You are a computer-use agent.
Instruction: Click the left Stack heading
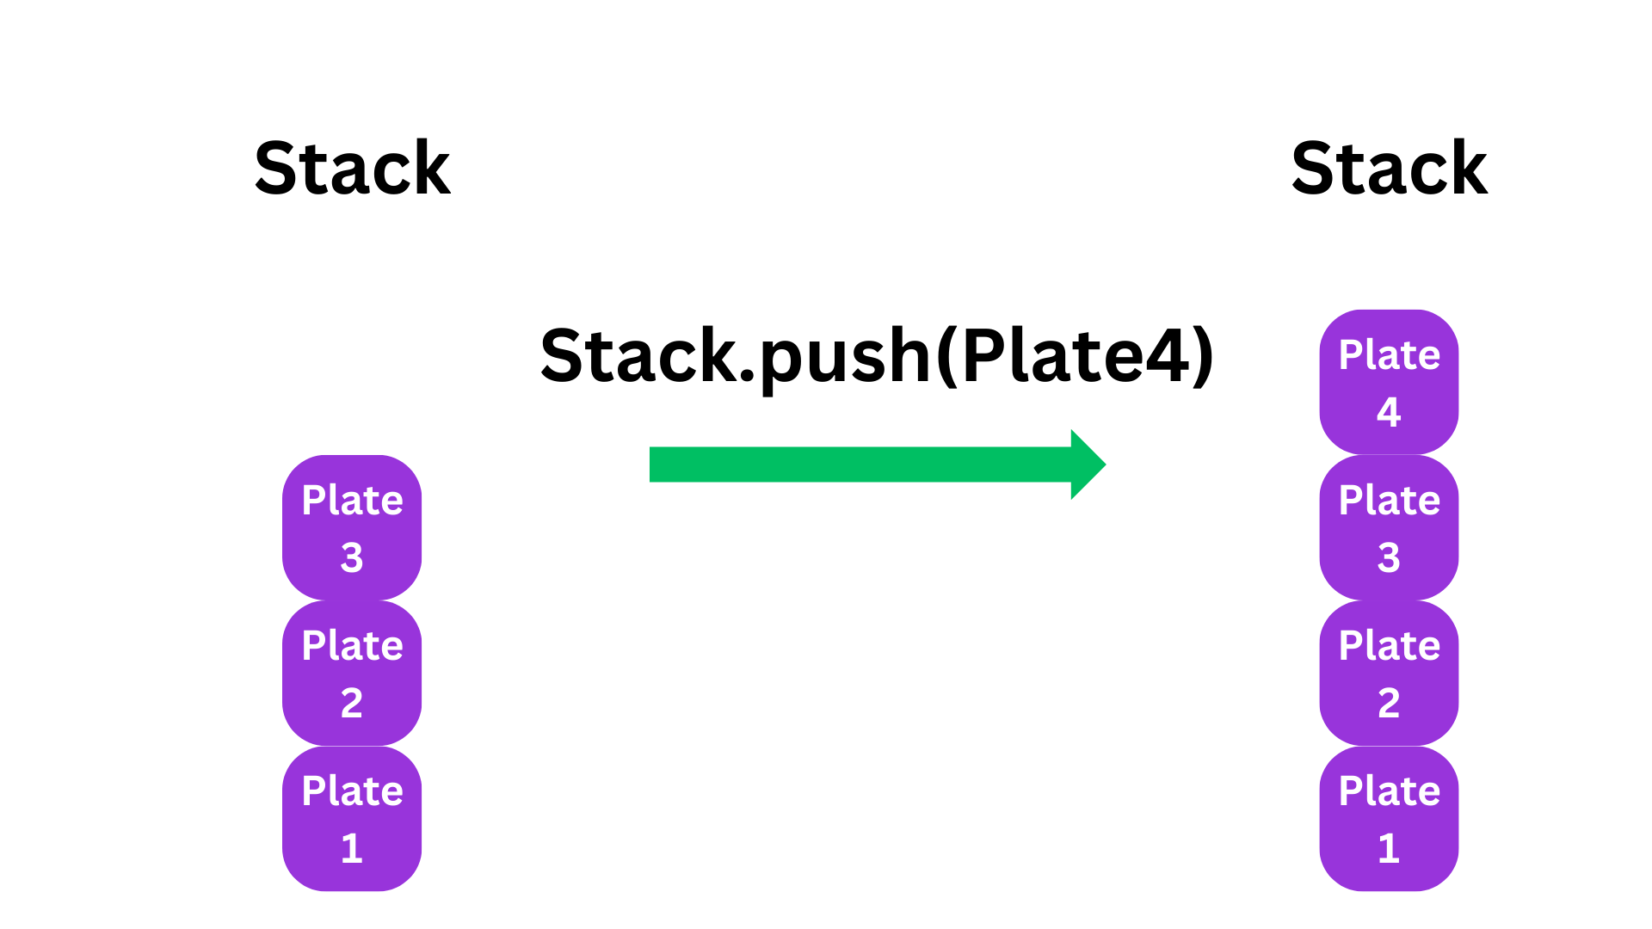[352, 169]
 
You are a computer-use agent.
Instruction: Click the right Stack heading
[1389, 169]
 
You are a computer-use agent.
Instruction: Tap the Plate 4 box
[1389, 382]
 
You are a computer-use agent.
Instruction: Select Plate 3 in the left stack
[352, 527]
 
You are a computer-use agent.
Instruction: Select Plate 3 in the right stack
[1389, 527]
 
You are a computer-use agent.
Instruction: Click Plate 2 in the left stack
[352, 673]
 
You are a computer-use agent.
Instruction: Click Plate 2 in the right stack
[1389, 673]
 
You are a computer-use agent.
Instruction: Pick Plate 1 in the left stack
[352, 818]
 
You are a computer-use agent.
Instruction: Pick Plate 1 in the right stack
[1389, 818]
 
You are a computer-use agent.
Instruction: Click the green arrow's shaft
[860, 464]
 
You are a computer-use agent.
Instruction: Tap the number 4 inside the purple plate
[1389, 412]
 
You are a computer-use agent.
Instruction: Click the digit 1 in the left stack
[352, 849]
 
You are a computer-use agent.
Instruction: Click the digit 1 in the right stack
[1389, 849]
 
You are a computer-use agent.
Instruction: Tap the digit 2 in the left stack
[352, 704]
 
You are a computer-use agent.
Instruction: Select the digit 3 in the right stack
[1389, 558]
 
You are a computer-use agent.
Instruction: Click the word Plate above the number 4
[1389, 354]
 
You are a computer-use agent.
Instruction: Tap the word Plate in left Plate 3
[352, 500]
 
